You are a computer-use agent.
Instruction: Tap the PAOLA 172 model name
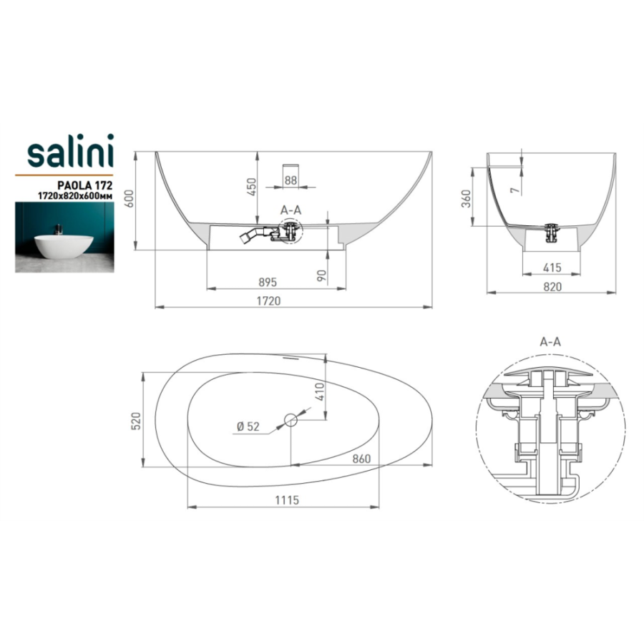(x=85, y=185)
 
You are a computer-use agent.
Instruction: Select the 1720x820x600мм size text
(x=75, y=196)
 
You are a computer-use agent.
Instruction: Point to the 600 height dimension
(x=129, y=198)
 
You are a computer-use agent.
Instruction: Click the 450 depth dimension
(x=251, y=187)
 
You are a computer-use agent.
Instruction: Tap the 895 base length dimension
(x=268, y=283)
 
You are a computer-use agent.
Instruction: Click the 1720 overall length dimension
(x=268, y=301)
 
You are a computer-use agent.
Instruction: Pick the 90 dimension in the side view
(x=322, y=275)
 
